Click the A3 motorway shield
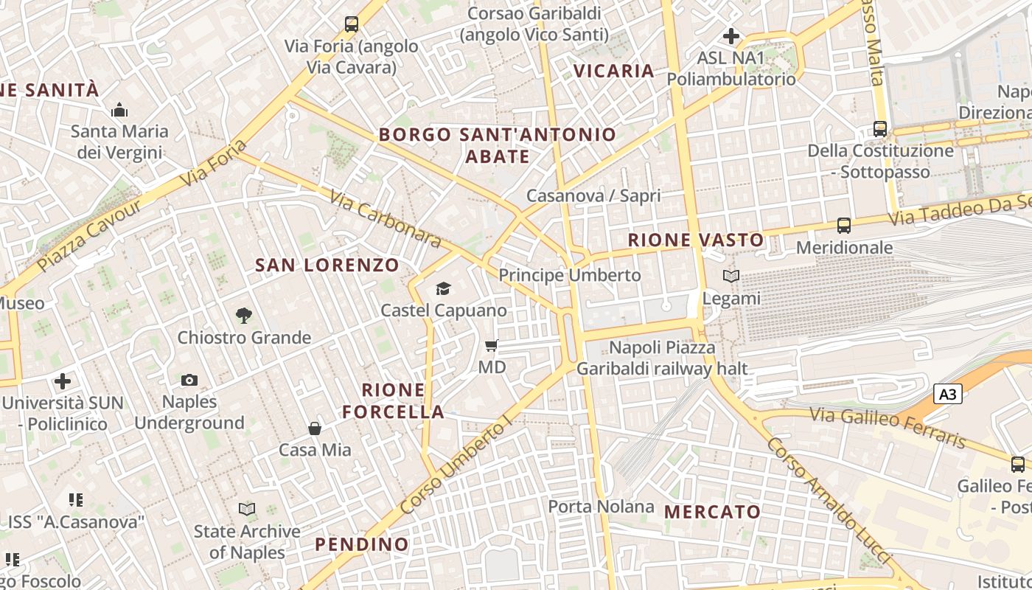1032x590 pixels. pos(948,395)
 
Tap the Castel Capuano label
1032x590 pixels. pos(444,310)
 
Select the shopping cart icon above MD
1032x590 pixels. pos(492,345)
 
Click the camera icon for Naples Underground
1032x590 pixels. pos(189,380)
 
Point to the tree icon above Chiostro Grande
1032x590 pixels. pos(243,316)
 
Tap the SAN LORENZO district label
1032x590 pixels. pos(327,265)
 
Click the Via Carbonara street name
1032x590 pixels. pos(385,219)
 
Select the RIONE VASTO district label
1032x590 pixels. pos(696,240)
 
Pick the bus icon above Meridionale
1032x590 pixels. pos(844,226)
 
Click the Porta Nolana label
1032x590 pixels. pos(601,507)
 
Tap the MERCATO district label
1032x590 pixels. pos(712,512)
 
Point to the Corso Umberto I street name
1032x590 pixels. pos(456,465)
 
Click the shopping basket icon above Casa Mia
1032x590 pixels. pos(315,428)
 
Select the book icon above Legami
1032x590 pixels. pos(731,277)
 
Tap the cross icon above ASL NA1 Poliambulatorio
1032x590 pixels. pos(731,35)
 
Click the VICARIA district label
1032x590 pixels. pos(614,71)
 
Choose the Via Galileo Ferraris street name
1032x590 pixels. pos(888,427)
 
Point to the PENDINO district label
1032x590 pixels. pos(362,544)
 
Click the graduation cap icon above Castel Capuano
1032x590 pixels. pos(443,288)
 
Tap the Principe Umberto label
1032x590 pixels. pos(570,275)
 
